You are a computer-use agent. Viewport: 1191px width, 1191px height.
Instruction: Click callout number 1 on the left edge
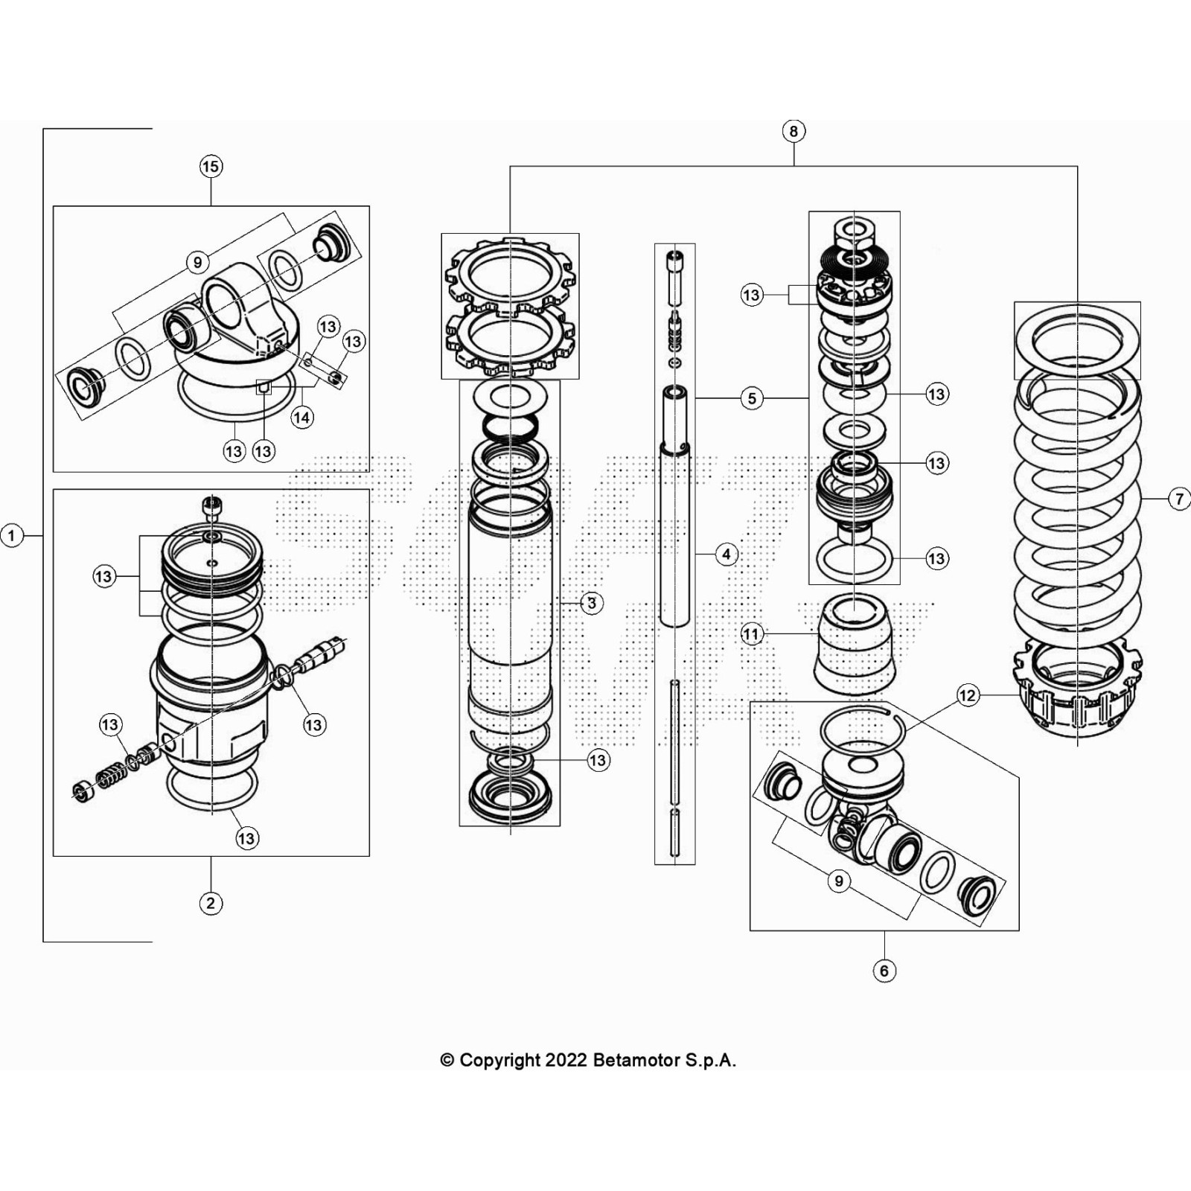click(11, 535)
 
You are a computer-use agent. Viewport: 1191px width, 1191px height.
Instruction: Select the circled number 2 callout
click(211, 903)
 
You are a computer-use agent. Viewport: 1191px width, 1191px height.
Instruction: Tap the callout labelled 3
click(592, 603)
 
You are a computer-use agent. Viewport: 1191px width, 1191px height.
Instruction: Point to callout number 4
click(727, 555)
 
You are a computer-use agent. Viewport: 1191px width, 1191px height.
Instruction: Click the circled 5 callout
click(752, 399)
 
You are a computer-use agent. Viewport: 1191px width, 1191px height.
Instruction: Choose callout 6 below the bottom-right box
click(884, 971)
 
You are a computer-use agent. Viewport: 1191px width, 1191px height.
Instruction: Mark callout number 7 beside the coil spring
click(1179, 499)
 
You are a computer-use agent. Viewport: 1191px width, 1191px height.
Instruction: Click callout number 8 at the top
click(794, 132)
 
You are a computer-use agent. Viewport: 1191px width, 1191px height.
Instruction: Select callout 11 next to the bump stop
click(752, 634)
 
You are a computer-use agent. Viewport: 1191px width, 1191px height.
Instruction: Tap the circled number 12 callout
click(967, 696)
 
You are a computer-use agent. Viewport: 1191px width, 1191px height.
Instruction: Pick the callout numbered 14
click(301, 418)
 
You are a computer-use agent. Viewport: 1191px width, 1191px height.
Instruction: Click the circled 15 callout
click(211, 167)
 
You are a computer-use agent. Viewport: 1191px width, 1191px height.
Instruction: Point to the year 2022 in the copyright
click(566, 1060)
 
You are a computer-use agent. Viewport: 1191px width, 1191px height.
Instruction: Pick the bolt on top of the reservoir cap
click(212, 508)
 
